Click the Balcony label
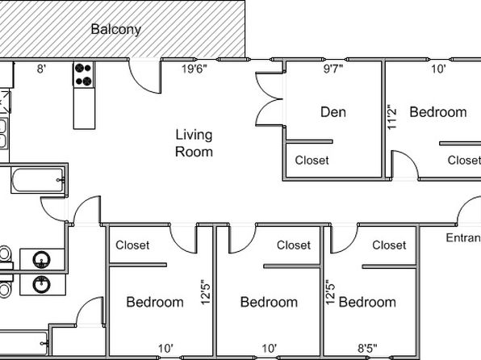point(116,30)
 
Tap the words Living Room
point(194,144)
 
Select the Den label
point(333,112)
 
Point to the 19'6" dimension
point(194,69)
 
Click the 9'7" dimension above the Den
point(333,69)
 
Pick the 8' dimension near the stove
point(41,69)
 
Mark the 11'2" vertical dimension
point(391,119)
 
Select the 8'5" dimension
point(367,349)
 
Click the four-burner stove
point(83,74)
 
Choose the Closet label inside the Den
point(312,160)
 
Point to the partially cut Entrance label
point(463,238)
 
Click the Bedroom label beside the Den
point(438,112)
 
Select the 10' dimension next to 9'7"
point(438,69)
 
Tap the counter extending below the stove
point(84,108)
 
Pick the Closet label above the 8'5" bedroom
point(389,245)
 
